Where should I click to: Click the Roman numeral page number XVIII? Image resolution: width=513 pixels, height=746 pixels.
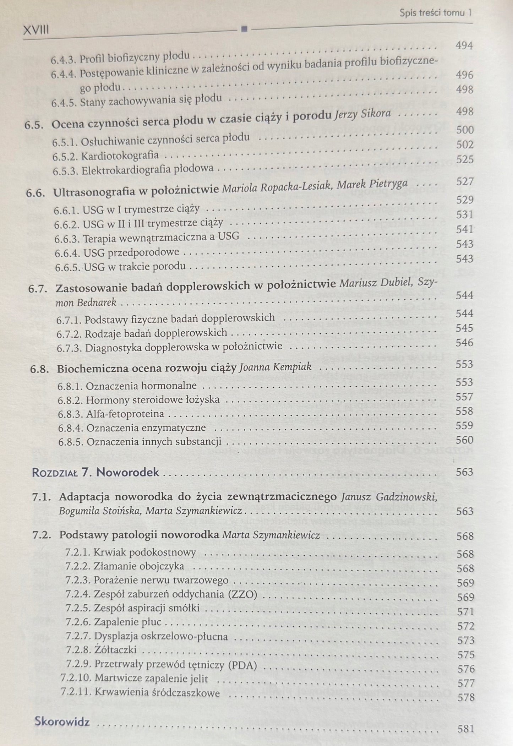point(36,31)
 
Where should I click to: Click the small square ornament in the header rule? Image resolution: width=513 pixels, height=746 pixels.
point(244,29)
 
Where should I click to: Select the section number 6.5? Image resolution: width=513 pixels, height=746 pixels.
point(34,125)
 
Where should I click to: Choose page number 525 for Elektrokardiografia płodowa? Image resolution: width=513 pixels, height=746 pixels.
point(465,159)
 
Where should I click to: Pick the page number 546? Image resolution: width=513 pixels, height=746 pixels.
point(465,343)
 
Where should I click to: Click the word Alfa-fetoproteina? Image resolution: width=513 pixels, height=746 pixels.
point(125,414)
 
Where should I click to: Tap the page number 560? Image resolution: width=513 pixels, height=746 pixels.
point(465,440)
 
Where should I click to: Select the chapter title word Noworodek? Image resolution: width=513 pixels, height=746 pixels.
point(128,473)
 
